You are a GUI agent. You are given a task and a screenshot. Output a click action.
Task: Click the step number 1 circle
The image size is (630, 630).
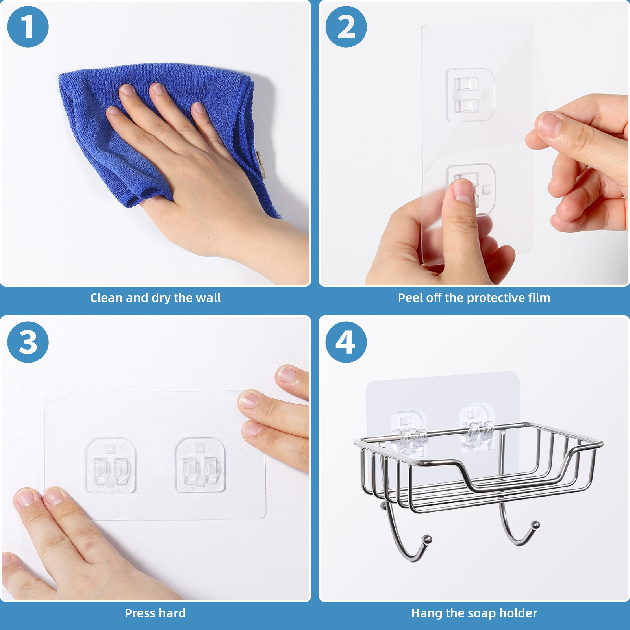[28, 27]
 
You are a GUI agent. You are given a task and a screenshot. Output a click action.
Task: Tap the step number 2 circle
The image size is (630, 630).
[346, 27]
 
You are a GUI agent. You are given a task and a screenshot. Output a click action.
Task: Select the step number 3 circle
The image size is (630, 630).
[28, 342]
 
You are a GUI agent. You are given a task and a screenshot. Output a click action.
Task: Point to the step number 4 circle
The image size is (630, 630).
[346, 342]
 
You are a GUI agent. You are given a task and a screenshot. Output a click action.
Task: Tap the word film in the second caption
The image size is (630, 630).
[539, 298]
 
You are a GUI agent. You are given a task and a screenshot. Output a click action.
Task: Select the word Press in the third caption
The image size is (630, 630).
[140, 613]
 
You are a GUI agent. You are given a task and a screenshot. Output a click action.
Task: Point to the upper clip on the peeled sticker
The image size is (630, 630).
[470, 95]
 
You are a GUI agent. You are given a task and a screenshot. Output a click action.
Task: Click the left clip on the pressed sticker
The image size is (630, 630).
[111, 465]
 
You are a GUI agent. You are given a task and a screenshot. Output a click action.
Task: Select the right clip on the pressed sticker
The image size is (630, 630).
[200, 465]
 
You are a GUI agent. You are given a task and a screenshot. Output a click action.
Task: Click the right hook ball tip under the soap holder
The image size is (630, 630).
[535, 525]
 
